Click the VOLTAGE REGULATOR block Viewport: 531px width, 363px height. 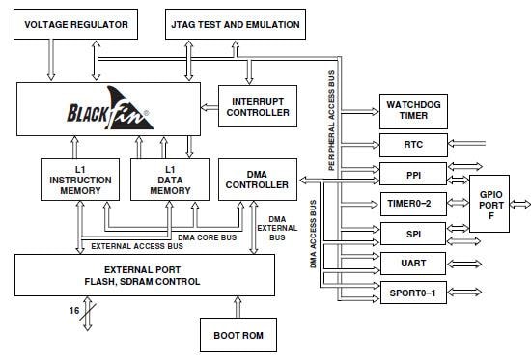(72, 24)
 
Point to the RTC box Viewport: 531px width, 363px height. (412, 145)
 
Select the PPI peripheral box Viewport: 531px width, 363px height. (412, 175)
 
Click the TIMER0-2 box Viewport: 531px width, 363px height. (412, 204)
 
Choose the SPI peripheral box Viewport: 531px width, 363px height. (412, 234)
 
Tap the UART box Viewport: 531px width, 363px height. (412, 263)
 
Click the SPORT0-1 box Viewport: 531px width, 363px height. (412, 293)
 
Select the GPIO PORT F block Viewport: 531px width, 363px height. (491, 204)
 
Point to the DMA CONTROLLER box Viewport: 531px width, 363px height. (255, 179)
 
